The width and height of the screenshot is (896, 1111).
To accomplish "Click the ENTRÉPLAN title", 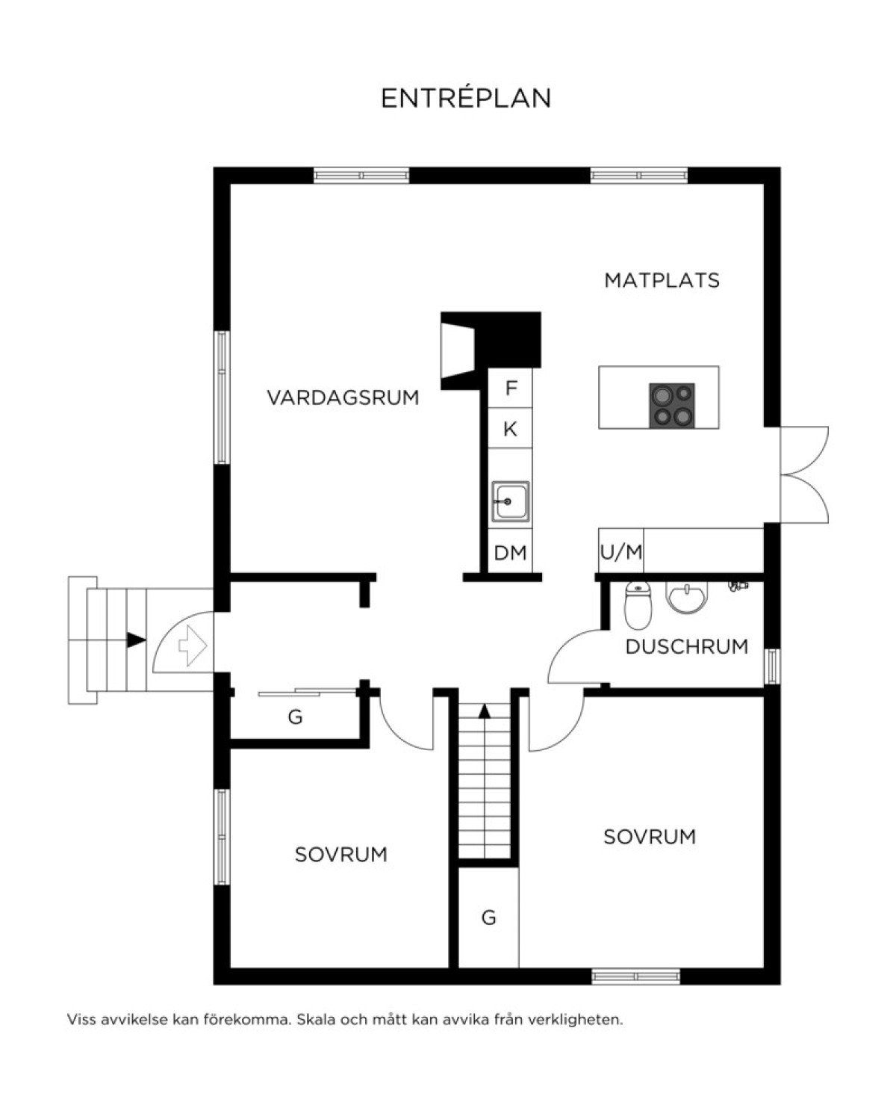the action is tap(466, 98).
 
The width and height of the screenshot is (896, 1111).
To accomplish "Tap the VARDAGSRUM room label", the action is tap(343, 398).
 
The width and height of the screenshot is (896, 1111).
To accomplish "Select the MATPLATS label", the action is tap(662, 280).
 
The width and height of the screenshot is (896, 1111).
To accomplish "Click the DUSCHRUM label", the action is tap(687, 646).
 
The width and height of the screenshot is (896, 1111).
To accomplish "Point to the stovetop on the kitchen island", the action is tap(671, 405).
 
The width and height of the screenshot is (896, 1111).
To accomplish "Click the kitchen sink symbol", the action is tap(511, 501).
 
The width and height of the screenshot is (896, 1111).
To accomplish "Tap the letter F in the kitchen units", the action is tap(511, 388).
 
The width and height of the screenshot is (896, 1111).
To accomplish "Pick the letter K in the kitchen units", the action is tap(511, 429).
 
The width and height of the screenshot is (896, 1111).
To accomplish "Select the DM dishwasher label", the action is tap(511, 553).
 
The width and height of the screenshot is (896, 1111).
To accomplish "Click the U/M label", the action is tap(621, 552).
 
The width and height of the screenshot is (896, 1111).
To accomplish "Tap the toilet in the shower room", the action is tap(638, 606).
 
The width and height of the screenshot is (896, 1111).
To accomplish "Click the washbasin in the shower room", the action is tap(687, 597).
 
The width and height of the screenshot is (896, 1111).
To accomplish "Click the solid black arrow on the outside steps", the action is tap(136, 640).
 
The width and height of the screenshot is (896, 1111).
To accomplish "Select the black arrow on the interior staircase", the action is tap(484, 711).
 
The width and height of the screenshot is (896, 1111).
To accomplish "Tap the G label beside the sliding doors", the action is tap(295, 717).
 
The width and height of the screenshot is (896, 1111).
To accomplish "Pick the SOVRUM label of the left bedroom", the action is tap(341, 855).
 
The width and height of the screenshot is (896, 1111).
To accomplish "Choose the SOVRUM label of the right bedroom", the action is tap(650, 837).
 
